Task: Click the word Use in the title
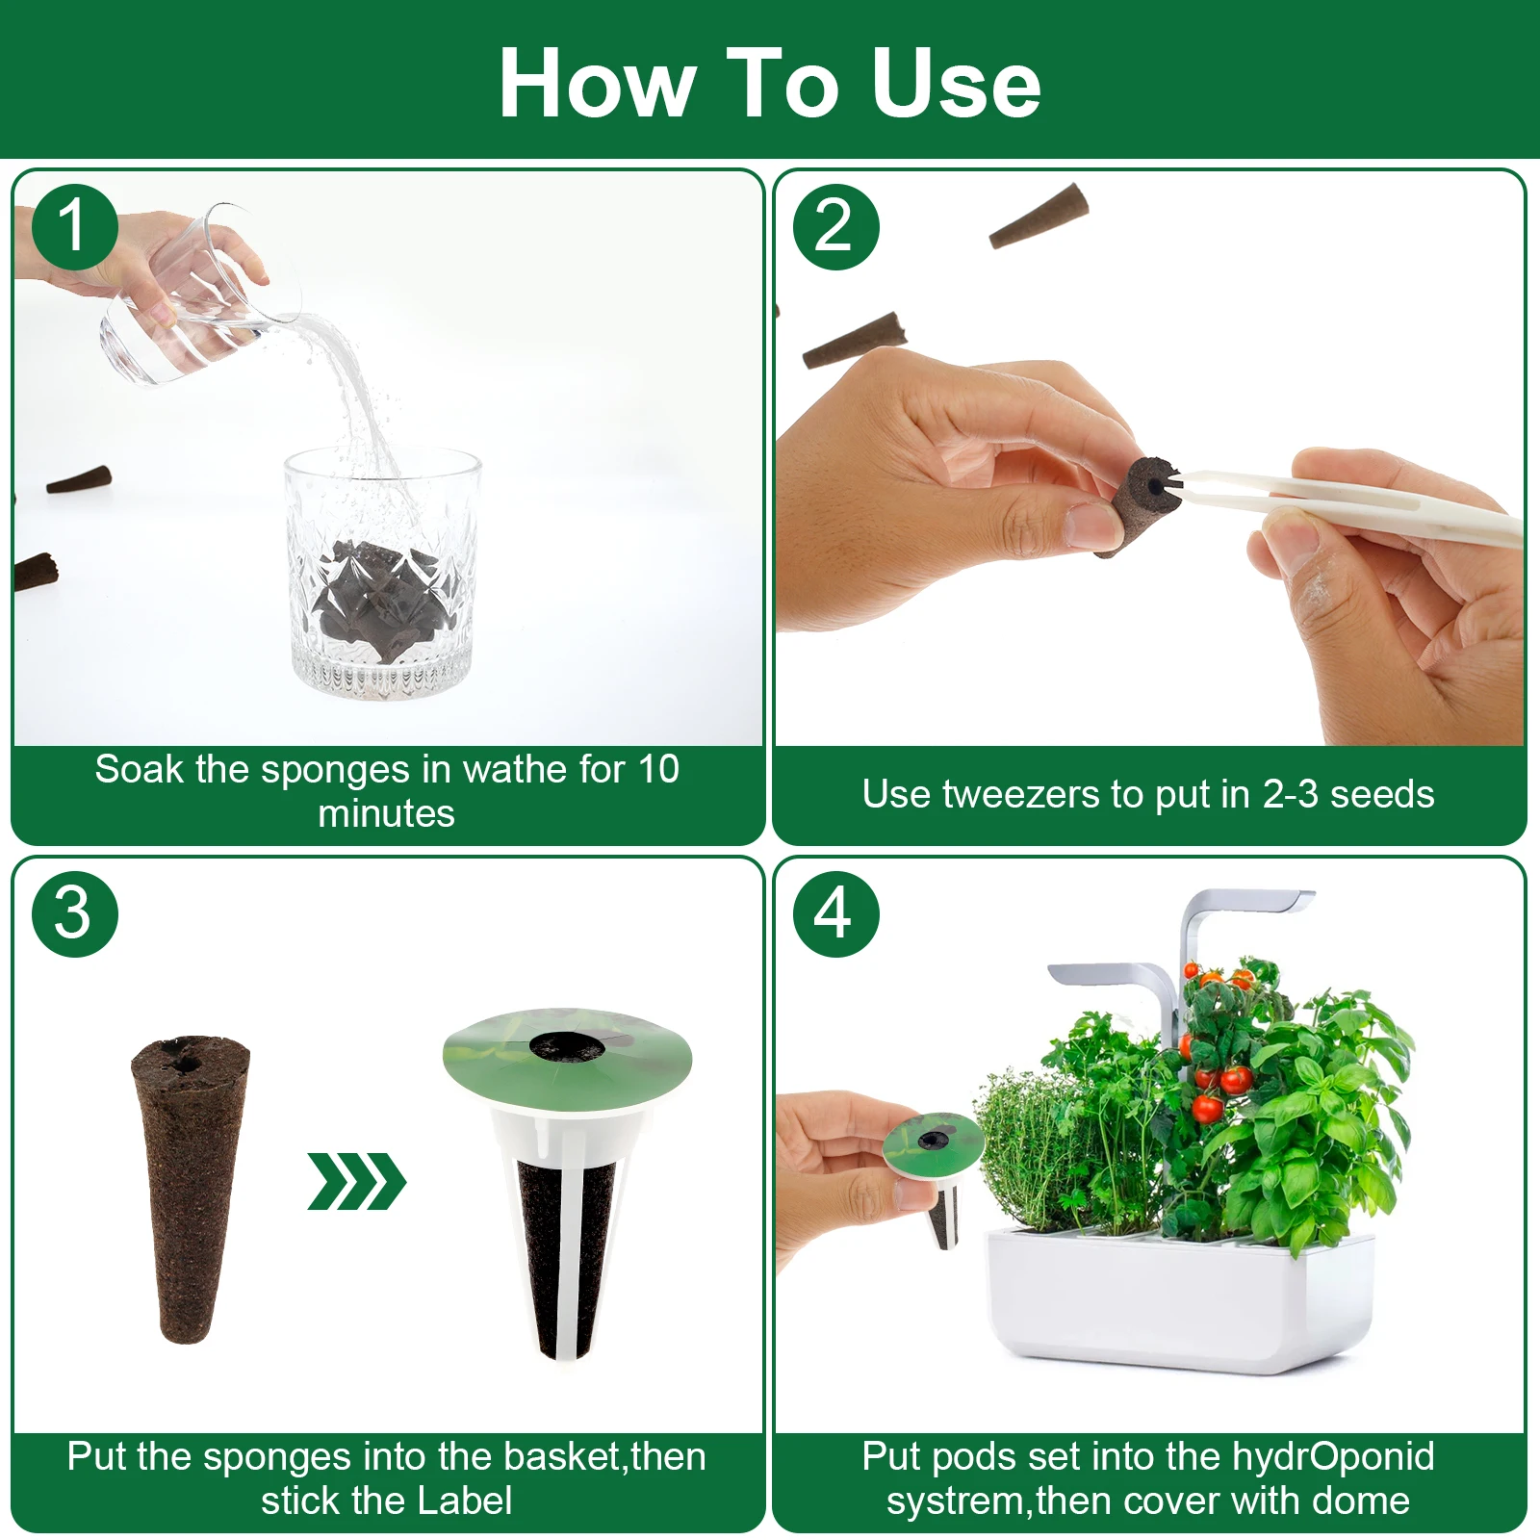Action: click(956, 84)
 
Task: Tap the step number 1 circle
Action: click(74, 227)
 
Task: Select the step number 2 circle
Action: click(835, 227)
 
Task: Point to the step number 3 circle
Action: click(74, 913)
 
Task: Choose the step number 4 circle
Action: click(835, 913)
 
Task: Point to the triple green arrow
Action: click(357, 1181)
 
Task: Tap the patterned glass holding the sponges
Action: click(382, 573)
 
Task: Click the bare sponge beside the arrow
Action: click(190, 1188)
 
